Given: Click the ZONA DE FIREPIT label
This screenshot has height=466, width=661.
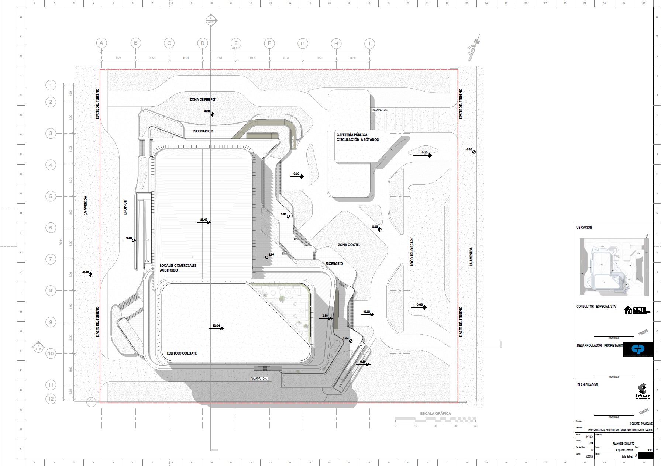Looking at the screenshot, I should (202, 100).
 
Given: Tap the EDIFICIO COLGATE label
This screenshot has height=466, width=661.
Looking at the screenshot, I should (182, 353).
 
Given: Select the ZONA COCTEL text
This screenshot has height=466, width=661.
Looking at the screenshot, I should (349, 245).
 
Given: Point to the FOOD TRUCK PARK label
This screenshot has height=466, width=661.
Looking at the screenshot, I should (412, 252).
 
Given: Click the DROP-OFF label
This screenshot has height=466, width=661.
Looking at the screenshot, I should (125, 207).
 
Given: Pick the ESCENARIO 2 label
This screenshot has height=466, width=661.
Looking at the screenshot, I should (203, 131).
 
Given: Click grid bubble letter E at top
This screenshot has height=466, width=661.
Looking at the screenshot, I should (236, 43).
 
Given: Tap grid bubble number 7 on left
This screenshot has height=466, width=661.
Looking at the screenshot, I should (51, 259).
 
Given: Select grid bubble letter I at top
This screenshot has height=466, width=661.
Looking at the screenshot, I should (369, 44).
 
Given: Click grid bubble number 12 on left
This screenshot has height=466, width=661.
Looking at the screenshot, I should (51, 398).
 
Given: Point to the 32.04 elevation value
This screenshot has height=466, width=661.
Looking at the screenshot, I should (216, 326).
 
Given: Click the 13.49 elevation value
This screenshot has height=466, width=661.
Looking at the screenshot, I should (204, 220).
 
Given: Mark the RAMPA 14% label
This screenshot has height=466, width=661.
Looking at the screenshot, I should (380, 110).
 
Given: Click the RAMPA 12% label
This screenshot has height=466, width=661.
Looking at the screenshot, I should (258, 379).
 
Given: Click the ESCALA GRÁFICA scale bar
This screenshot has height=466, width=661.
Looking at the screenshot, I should (435, 420).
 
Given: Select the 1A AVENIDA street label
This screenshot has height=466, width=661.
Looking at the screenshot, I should (86, 205).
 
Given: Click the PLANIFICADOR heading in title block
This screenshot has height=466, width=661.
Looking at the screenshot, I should (587, 385).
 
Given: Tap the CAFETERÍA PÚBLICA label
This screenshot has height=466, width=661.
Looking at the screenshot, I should (352, 135).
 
